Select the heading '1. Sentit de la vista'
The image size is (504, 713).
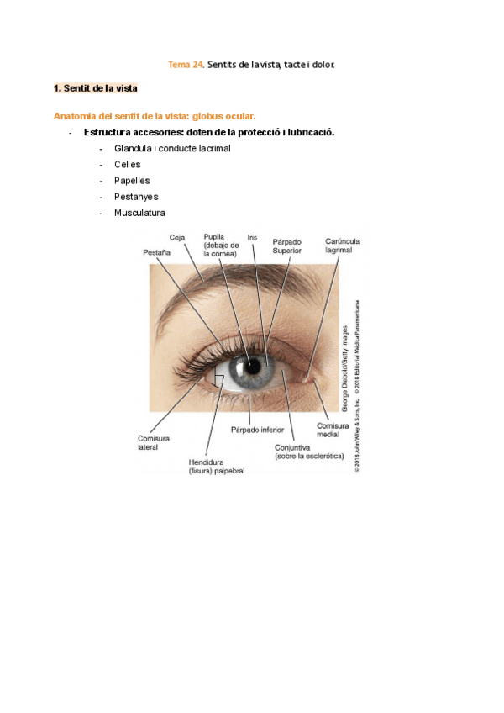coord(95,87)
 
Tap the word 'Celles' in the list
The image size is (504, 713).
coord(128,165)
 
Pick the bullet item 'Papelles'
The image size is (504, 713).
coord(132,181)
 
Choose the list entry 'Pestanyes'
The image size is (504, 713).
coord(136,197)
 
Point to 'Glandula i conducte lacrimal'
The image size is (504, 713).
coord(172,149)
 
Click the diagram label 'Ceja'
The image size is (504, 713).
coord(177,238)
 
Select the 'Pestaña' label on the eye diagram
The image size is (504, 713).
coord(157,251)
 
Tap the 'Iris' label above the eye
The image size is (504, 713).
coord(253,238)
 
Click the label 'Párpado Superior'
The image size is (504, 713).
coord(286,246)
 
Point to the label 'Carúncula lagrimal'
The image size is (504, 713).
coord(343,246)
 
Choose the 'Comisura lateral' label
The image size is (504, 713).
coord(154,443)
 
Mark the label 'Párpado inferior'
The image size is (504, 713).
coord(258,430)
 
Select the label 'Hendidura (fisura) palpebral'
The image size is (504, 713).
coord(217,467)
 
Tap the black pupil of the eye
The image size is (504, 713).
coord(251,367)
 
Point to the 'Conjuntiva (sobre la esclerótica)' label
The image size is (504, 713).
coord(309,452)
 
